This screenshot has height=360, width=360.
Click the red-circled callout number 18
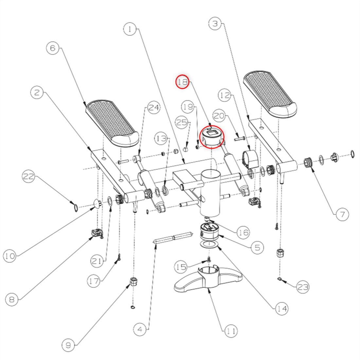[x=182, y=82]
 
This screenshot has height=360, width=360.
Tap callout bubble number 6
[x=53, y=48]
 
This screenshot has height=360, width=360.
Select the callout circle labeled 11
[x=231, y=331]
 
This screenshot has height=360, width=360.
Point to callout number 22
[x=28, y=176]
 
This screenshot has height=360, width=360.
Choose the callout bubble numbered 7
[x=342, y=214]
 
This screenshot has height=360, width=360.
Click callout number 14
[x=282, y=309]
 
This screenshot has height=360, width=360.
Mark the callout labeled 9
[x=68, y=345]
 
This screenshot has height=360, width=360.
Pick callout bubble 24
[x=153, y=107]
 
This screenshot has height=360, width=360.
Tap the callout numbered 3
[x=215, y=24]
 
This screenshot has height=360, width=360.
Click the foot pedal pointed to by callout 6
[x=112, y=123]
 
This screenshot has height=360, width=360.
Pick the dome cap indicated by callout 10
[x=97, y=203]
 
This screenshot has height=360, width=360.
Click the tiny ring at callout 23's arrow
[x=279, y=279]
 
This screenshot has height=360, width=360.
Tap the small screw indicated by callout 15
[x=209, y=260]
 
